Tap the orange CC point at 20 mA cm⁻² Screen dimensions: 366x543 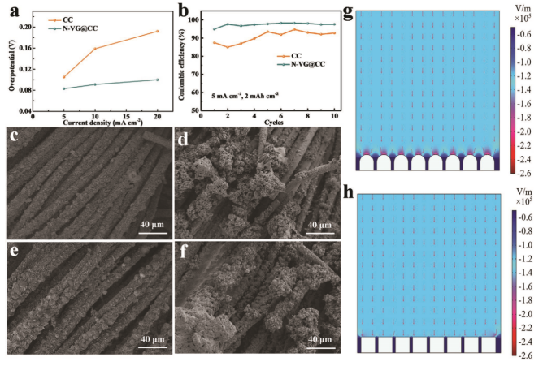[x=157, y=32]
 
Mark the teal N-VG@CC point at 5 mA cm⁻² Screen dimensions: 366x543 [x=63, y=88]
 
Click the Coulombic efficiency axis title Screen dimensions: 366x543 [x=183, y=63]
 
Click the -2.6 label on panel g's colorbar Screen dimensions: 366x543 [x=527, y=174]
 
